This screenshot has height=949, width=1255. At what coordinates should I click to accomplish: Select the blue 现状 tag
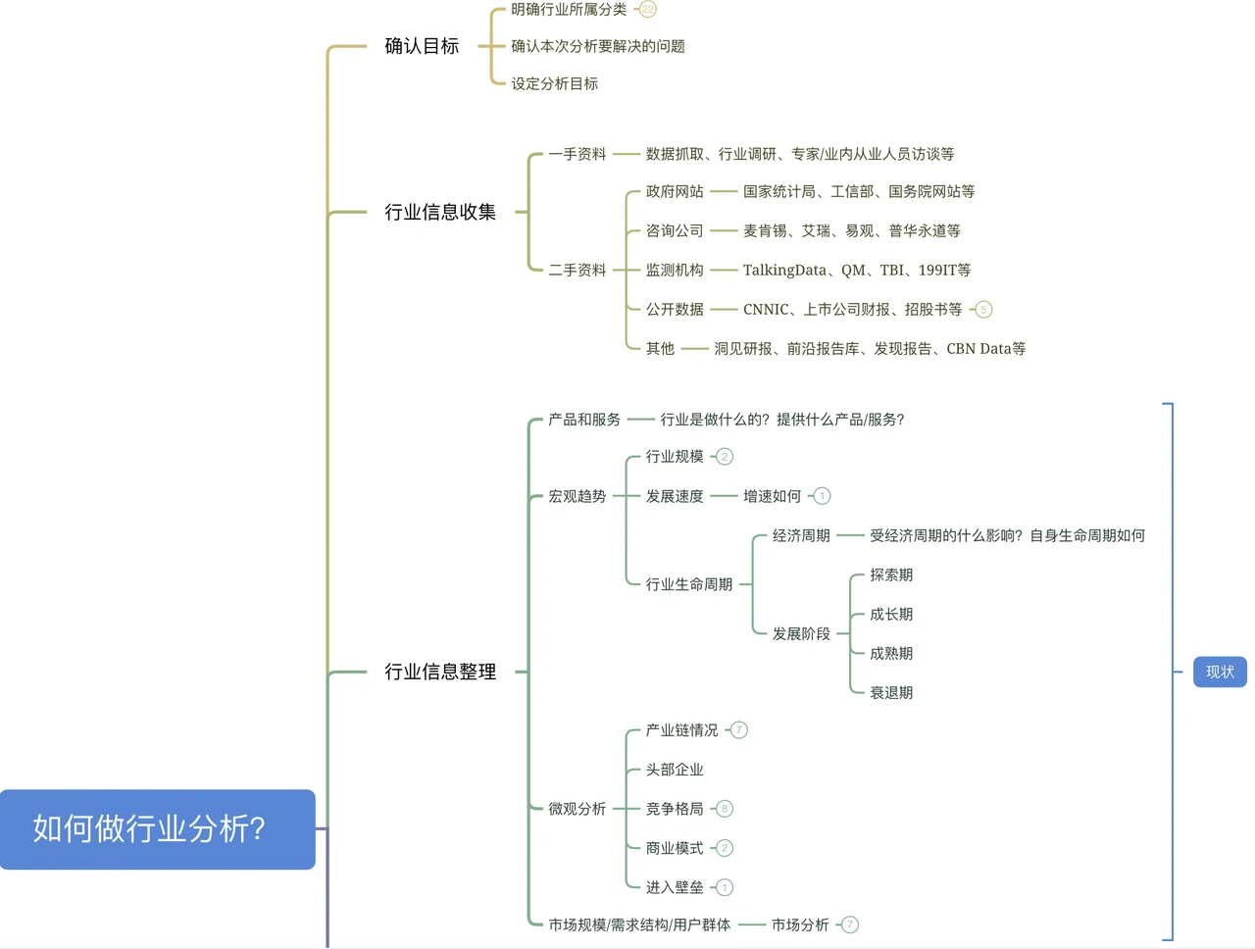point(1220,672)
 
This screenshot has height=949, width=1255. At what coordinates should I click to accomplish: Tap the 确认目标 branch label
point(422,46)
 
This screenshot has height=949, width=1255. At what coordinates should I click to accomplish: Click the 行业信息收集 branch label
point(440,212)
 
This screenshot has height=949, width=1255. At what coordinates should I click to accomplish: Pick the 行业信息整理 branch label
point(440,672)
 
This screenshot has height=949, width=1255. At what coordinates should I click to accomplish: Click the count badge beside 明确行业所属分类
point(647,10)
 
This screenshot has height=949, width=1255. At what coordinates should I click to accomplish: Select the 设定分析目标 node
point(554,84)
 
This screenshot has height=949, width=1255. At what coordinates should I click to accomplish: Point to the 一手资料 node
point(577,154)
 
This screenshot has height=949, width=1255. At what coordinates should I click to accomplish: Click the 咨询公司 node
point(675,230)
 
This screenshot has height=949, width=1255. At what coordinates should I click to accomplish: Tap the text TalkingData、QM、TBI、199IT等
point(856,270)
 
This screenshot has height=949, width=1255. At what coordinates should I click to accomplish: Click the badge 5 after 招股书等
point(983,310)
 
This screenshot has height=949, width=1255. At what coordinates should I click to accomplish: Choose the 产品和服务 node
point(584,420)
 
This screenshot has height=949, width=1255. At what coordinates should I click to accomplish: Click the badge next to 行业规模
point(725,457)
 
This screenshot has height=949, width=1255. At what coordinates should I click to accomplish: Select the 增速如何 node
point(772,496)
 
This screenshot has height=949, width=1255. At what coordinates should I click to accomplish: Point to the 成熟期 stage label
point(890,653)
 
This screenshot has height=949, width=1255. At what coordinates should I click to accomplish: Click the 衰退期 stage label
point(890,692)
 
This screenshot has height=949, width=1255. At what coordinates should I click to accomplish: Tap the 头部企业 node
point(675,770)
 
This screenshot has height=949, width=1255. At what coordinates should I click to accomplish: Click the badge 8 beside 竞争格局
point(725,809)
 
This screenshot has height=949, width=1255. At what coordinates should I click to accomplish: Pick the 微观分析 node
point(577,809)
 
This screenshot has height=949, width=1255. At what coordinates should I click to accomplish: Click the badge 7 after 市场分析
point(850,924)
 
